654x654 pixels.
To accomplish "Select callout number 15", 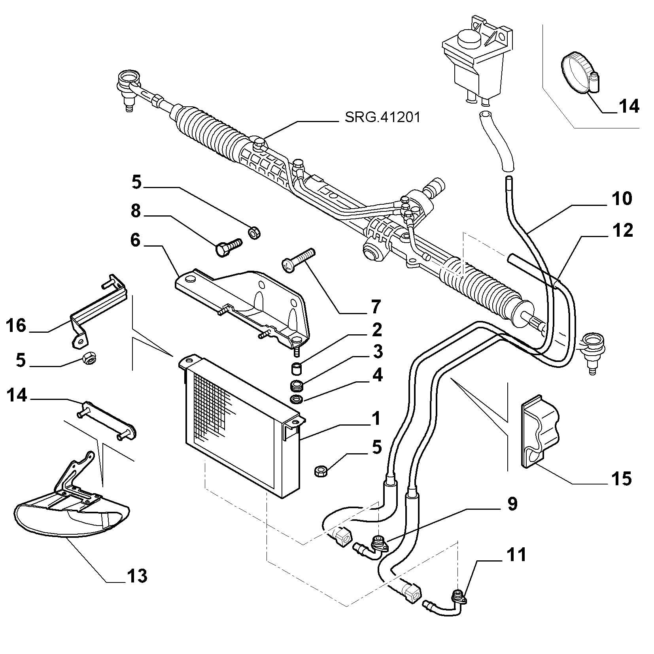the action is tap(622, 479).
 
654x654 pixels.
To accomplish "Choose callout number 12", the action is tap(622, 230).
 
